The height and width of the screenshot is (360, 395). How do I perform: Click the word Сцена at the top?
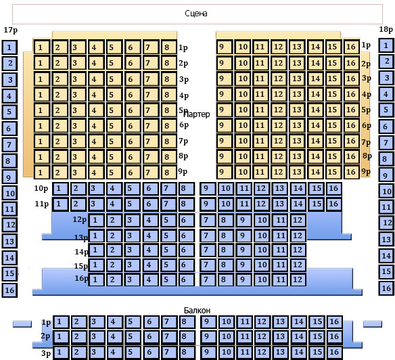click(196, 14)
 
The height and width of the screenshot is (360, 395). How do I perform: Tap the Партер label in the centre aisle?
click(197, 114)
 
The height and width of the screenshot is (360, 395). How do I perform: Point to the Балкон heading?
click(197, 311)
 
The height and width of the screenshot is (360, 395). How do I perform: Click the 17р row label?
click(11, 30)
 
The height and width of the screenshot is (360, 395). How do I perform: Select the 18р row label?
click(386, 30)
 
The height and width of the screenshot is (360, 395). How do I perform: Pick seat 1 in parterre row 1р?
click(42, 47)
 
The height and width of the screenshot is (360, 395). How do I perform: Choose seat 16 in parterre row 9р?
click(351, 172)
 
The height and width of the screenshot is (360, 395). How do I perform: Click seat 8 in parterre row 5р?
click(169, 110)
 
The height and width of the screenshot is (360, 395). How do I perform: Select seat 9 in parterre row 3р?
click(224, 78)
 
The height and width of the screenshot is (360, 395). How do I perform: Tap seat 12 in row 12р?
click(298, 220)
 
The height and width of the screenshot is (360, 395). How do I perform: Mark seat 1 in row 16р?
click(96, 279)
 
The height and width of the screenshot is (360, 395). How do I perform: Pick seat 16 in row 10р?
click(334, 188)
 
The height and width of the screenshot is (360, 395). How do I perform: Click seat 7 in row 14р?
click(208, 250)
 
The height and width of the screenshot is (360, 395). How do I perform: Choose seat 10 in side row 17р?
click(9, 194)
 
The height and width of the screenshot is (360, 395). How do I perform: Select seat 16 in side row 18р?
click(386, 288)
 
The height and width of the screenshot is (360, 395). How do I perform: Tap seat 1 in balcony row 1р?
click(61, 322)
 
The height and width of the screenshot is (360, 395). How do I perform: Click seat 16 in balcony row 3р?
click(335, 352)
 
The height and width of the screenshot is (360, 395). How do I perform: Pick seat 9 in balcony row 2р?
click(208, 336)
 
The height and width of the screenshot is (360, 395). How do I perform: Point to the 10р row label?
click(41, 188)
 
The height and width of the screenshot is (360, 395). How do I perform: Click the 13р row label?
click(81, 238)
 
